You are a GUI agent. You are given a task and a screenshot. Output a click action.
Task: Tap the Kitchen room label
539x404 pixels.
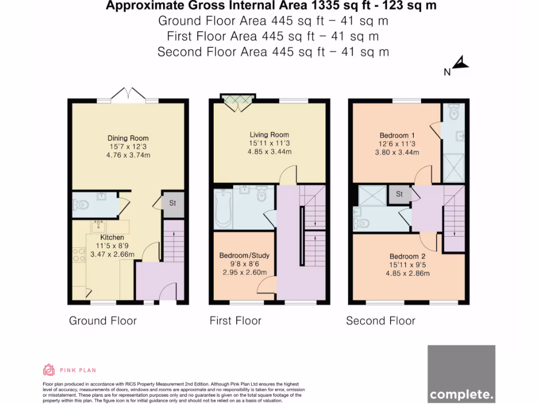112,238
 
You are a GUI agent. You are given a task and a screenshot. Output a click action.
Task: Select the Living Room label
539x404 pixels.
269,135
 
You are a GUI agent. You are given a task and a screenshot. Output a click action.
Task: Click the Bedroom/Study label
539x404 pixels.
244,256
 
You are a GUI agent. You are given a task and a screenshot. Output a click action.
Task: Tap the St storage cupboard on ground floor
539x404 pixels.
173,204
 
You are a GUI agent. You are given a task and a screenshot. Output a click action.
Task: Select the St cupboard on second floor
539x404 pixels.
400,194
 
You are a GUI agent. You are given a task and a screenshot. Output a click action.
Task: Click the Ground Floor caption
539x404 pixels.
103,321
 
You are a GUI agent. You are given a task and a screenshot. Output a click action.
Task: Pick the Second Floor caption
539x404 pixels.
380,321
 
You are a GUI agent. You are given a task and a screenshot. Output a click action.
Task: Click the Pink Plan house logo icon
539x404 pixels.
49,370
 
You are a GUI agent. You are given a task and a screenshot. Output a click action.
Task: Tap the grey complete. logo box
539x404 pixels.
461,373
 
